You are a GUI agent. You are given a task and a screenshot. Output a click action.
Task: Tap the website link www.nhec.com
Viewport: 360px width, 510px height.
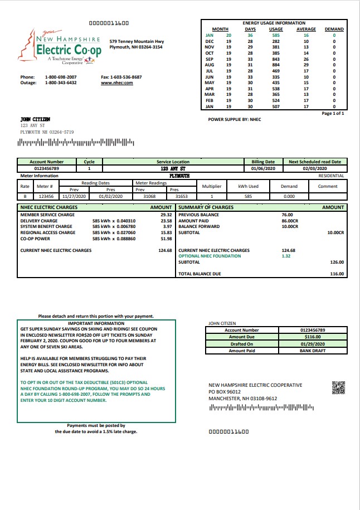point(116,82)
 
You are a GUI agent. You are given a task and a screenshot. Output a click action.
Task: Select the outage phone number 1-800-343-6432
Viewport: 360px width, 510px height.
point(61,82)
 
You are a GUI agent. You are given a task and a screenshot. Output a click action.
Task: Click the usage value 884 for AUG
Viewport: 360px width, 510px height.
point(276,65)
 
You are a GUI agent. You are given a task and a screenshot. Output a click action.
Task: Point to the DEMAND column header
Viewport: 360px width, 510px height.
point(334,29)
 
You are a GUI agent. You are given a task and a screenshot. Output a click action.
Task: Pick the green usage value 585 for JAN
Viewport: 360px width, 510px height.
point(276,35)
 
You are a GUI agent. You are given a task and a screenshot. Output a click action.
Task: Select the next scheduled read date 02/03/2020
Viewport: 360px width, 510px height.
point(315,168)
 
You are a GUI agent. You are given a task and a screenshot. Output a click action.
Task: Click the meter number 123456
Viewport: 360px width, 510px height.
point(46,196)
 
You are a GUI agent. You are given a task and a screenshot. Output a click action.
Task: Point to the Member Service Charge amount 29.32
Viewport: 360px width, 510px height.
point(166,215)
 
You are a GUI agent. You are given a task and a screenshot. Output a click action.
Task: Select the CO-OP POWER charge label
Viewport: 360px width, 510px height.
point(36,239)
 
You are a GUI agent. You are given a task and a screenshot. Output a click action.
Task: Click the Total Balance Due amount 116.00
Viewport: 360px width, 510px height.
point(337,274)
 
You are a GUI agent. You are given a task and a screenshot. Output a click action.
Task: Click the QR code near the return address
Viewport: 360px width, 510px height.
point(338,387)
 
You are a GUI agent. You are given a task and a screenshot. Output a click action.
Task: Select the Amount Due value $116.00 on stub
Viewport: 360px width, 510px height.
point(312,337)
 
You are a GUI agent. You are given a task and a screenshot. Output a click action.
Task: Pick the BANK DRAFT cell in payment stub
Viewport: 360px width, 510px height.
point(312,351)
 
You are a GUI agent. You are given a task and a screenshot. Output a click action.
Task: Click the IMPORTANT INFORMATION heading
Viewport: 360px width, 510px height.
point(96,323)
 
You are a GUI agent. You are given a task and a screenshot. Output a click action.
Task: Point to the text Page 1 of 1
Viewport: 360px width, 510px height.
point(333,113)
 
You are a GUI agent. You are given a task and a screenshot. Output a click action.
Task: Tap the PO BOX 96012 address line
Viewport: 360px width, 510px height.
point(228,392)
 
